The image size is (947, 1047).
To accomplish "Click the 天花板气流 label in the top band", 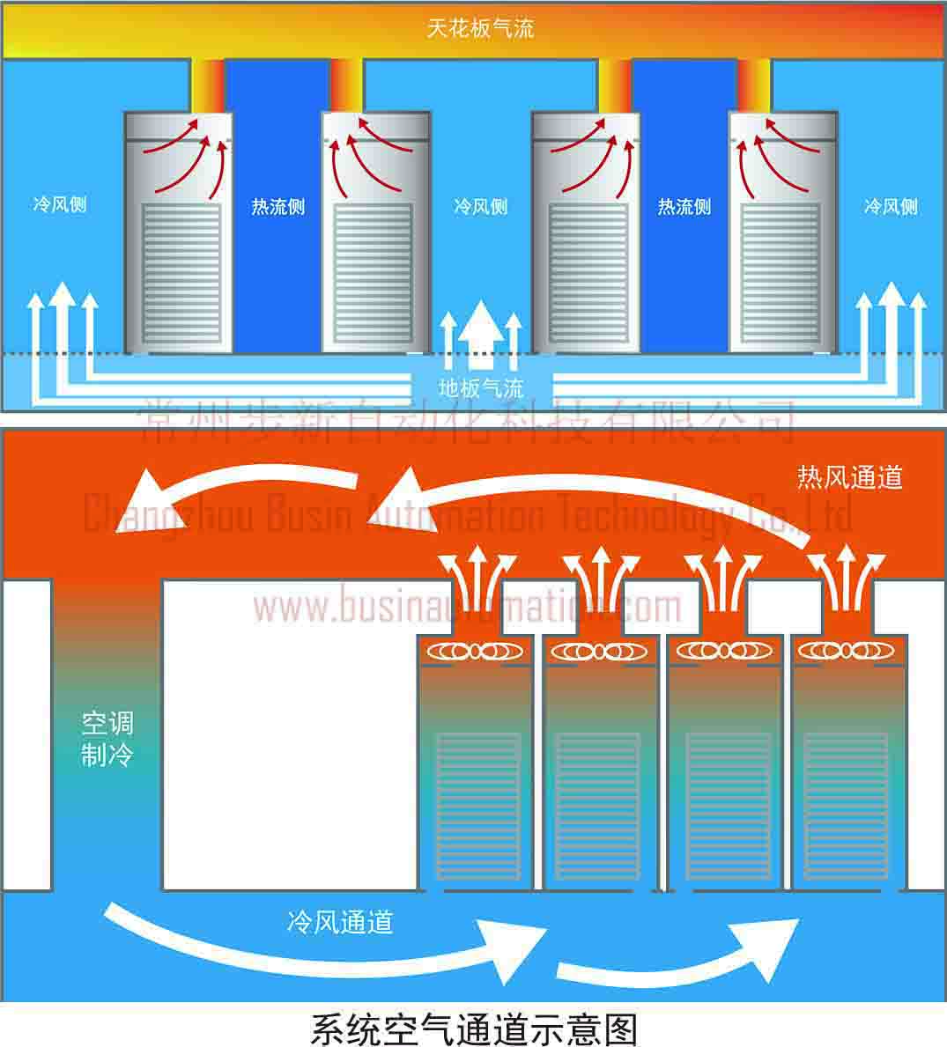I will pos(480,29).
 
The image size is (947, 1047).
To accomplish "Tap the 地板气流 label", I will pos(481,387).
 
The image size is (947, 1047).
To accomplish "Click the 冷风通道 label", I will pos(339,922).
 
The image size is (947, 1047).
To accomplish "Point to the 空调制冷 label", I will pos(107,739).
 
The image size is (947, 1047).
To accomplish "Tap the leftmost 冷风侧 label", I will pos(60,205).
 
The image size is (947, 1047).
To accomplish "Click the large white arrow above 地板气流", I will pos(481,335).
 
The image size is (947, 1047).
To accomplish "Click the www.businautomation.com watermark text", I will pos(467,607).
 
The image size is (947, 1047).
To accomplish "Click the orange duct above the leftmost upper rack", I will pos(208,85).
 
